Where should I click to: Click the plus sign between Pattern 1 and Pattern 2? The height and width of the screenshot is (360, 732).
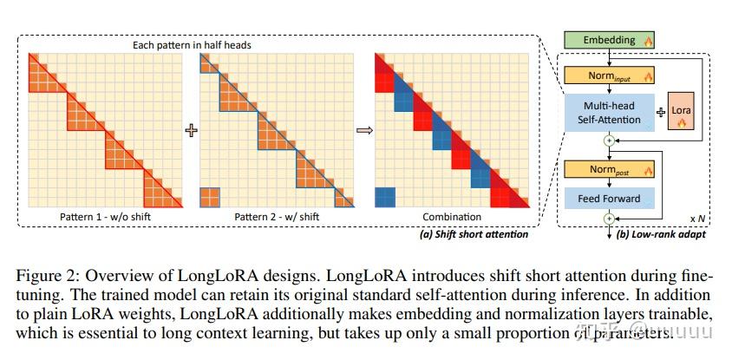pyautogui.click(x=191, y=130)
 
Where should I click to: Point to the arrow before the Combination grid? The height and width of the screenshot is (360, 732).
pyautogui.click(x=364, y=130)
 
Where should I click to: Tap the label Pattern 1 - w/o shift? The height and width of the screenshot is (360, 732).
pyautogui.click(x=106, y=217)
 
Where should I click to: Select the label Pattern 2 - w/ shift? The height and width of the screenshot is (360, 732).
pyautogui.click(x=278, y=217)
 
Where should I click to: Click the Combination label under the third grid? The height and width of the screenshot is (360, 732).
pyautogui.click(x=451, y=217)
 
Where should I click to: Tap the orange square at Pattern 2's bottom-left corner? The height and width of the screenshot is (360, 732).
pyautogui.click(x=211, y=197)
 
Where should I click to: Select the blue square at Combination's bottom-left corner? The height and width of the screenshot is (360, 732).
pyautogui.click(x=385, y=197)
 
